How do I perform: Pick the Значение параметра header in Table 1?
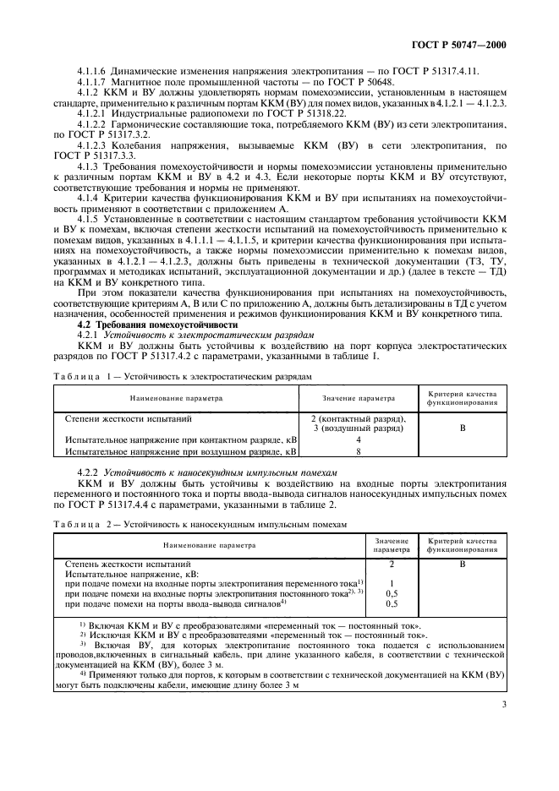click(x=359, y=397)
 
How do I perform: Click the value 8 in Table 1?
click(x=359, y=452)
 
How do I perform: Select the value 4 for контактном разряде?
click(x=359, y=440)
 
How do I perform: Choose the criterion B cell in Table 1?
click(x=463, y=428)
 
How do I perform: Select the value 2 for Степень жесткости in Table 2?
click(x=392, y=562)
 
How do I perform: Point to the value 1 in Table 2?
click(x=392, y=583)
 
